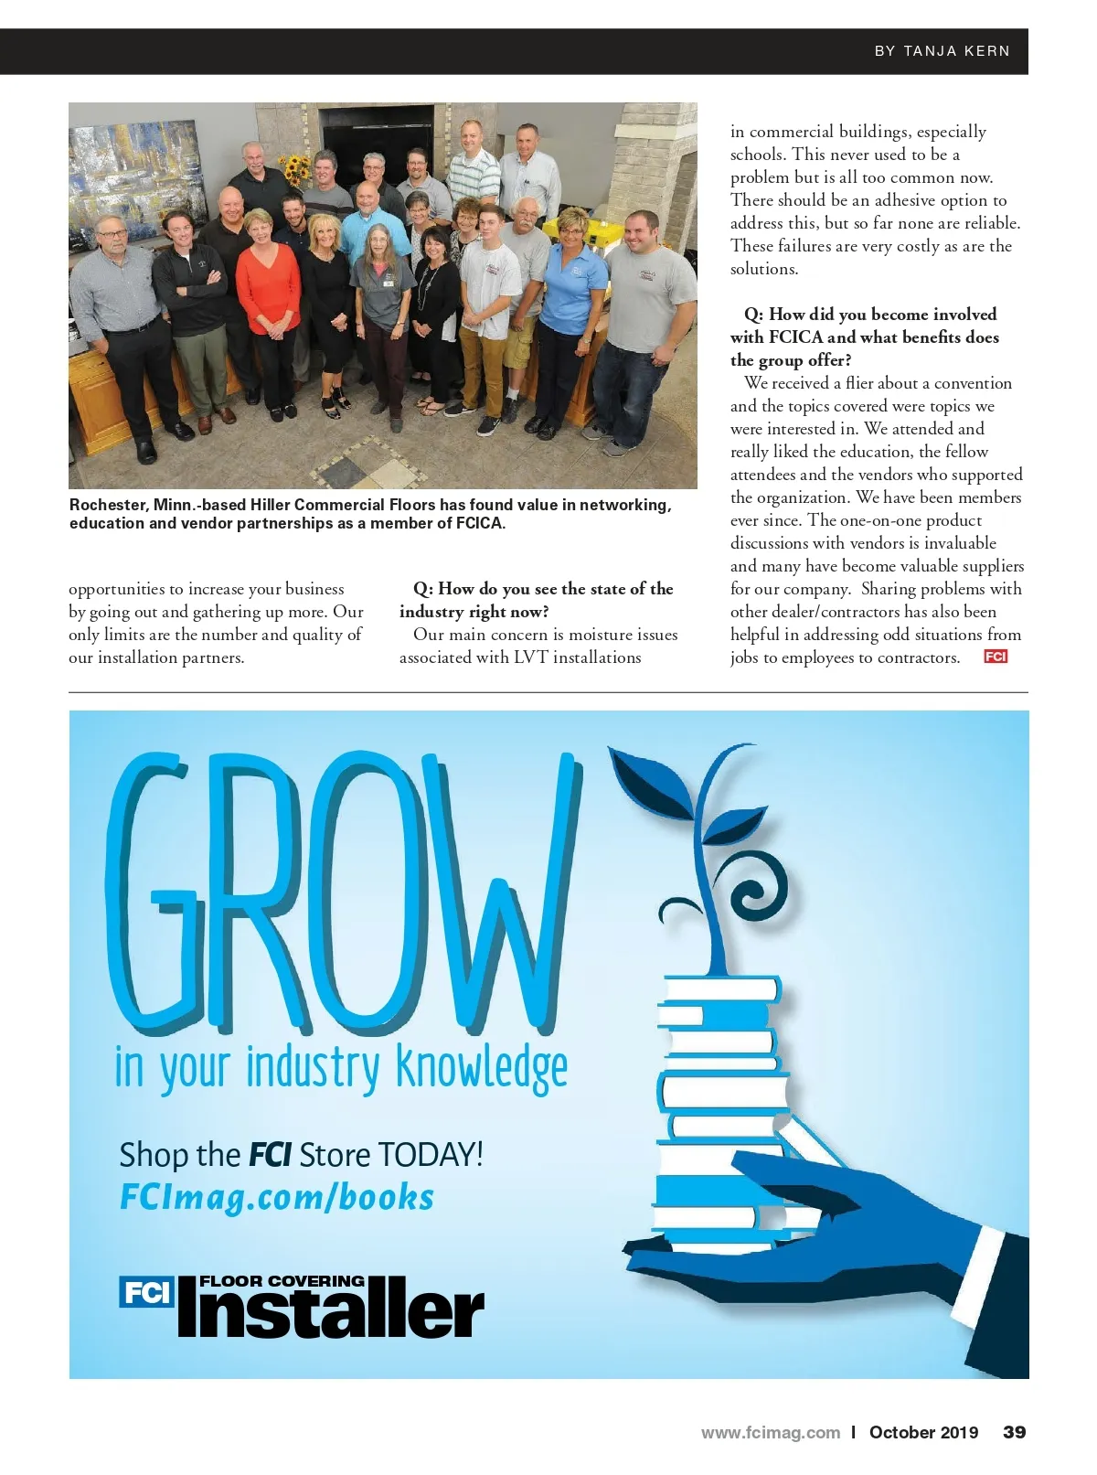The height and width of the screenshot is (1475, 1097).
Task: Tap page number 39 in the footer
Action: pyautogui.click(x=1014, y=1432)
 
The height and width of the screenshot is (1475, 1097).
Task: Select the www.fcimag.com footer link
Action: pyautogui.click(x=770, y=1433)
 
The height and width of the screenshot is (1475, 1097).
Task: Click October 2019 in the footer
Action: pyautogui.click(x=923, y=1433)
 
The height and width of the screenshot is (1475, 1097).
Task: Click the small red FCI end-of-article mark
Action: pyautogui.click(x=995, y=657)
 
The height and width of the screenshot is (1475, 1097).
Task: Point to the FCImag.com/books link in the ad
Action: pyautogui.click(x=277, y=1197)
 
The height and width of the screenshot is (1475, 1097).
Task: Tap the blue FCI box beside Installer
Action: pyautogui.click(x=146, y=1292)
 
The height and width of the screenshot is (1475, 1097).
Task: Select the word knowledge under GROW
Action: pyautogui.click(x=482, y=1068)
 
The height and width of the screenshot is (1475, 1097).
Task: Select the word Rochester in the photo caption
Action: pyautogui.click(x=107, y=505)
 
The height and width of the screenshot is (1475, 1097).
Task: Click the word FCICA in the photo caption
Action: pyautogui.click(x=477, y=524)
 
